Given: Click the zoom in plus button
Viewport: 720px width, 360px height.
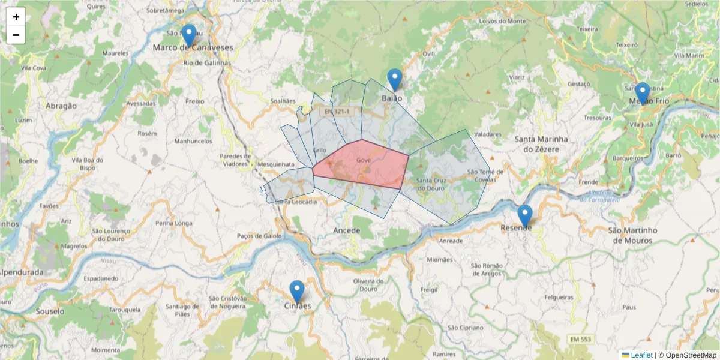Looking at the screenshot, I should pyautogui.click(x=16, y=17).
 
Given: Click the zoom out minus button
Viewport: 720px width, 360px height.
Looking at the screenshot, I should pyautogui.click(x=16, y=35).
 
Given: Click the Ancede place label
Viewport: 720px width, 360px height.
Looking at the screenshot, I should pyautogui.click(x=347, y=230).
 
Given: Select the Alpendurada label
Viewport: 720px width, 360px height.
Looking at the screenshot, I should pyautogui.click(x=22, y=272).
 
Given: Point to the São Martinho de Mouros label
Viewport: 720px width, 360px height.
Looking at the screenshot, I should pyautogui.click(x=632, y=235).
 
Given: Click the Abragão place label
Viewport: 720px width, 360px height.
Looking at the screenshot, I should pyautogui.click(x=61, y=106).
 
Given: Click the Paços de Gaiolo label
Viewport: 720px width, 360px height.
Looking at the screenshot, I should pyautogui.click(x=259, y=236).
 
